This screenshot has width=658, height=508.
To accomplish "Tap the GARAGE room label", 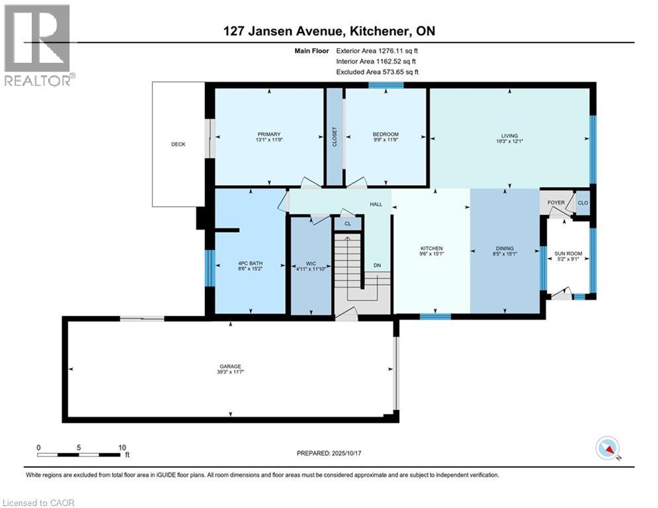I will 229,366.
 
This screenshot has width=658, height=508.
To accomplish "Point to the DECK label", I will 178,144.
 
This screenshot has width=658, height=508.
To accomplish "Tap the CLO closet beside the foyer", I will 583,203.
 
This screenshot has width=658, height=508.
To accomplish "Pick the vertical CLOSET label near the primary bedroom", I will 335,136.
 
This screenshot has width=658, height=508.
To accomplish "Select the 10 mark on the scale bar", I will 122,447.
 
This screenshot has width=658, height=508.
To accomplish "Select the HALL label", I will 376,204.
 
